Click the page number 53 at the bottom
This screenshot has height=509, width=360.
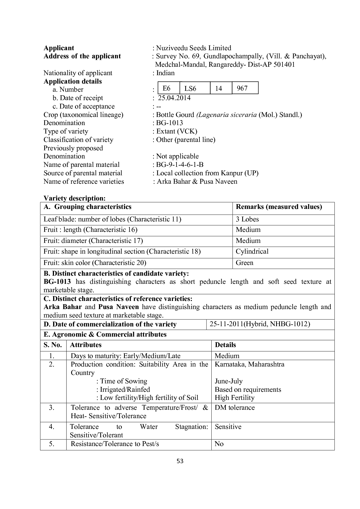click(180, 461)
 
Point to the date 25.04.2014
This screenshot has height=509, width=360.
click(174, 98)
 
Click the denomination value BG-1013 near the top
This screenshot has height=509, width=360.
click(170, 123)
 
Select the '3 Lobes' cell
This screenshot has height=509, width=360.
click(247, 219)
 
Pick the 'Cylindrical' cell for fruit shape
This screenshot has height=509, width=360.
click(252, 251)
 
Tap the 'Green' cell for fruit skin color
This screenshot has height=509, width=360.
click(244, 263)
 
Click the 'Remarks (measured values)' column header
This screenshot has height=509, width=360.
click(279, 207)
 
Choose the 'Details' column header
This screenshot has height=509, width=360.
click(225, 345)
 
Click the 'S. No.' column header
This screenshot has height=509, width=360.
click(53, 345)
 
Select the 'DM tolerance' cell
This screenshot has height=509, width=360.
click(235, 407)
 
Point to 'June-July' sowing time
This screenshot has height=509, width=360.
click(228, 381)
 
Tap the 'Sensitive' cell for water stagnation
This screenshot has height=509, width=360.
click(228, 427)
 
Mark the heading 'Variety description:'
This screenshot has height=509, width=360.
click(74, 198)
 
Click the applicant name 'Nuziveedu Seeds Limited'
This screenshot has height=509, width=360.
click(194, 48)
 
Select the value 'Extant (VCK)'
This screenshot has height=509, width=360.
click(177, 131)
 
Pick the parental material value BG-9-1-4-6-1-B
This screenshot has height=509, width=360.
click(180, 165)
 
